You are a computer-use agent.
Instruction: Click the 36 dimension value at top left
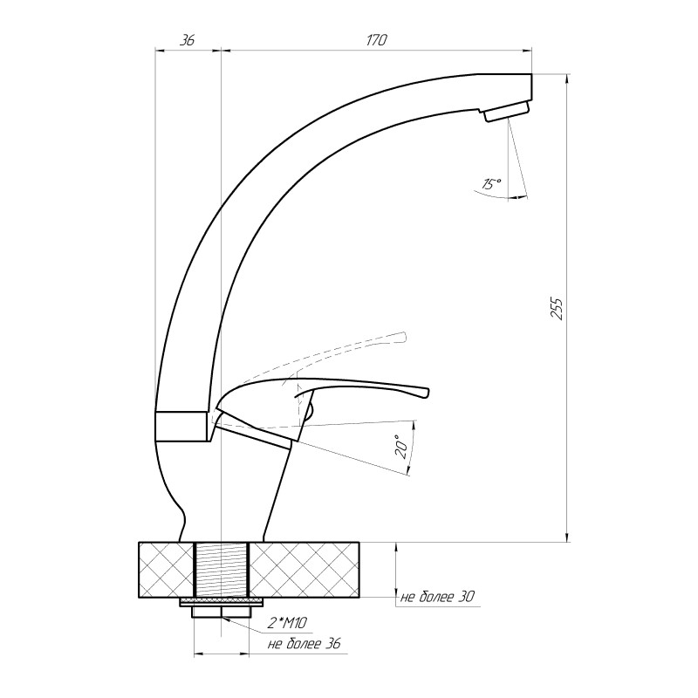tap(188, 40)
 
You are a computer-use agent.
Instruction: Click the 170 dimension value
tap(377, 40)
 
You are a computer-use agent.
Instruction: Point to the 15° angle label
tap(491, 183)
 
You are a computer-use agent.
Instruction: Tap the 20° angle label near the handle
tap(401, 447)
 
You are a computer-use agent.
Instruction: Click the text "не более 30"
tap(438, 597)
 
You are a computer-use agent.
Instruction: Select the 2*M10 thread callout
tap(287, 623)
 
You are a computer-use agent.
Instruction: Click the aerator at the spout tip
tap(507, 112)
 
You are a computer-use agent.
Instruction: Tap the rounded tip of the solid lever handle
tap(427, 393)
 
